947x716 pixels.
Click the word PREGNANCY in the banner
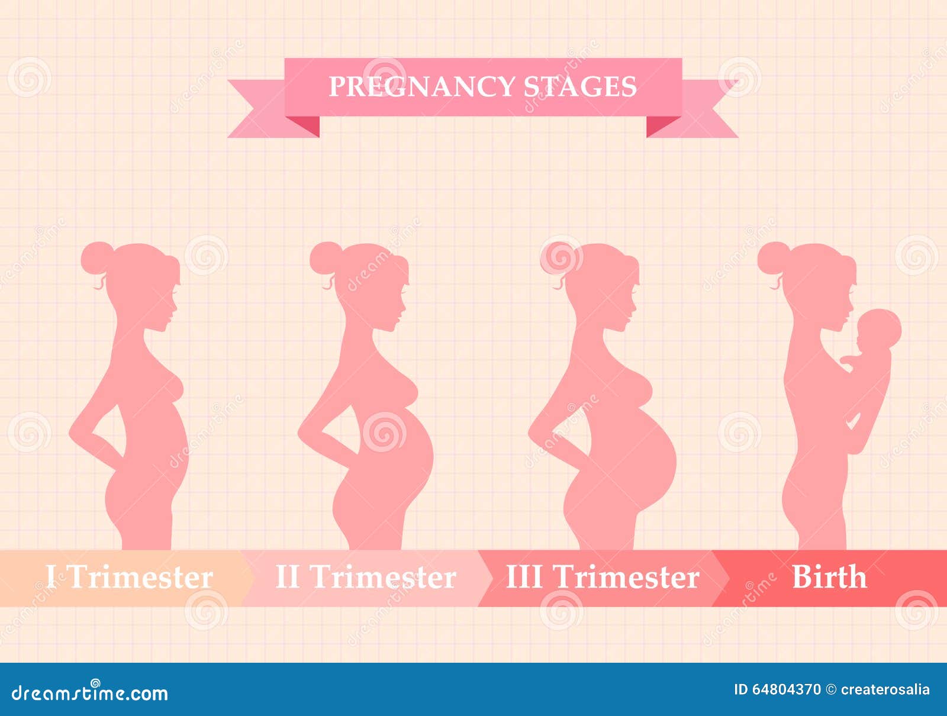(x=421, y=87)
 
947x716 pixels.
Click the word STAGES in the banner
(x=580, y=87)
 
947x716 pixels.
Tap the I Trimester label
(x=130, y=577)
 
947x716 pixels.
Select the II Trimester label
(x=366, y=577)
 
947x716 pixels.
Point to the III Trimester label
(x=603, y=577)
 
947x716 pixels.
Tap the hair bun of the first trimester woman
(x=96, y=257)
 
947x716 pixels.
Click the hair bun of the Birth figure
(x=773, y=257)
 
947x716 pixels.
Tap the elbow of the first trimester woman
(x=71, y=432)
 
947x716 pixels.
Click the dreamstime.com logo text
(x=89, y=694)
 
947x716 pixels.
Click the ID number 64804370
(x=786, y=689)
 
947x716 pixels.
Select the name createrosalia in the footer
(x=885, y=689)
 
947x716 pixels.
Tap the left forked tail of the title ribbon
(x=268, y=109)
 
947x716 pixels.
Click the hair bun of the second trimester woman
(x=325, y=257)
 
